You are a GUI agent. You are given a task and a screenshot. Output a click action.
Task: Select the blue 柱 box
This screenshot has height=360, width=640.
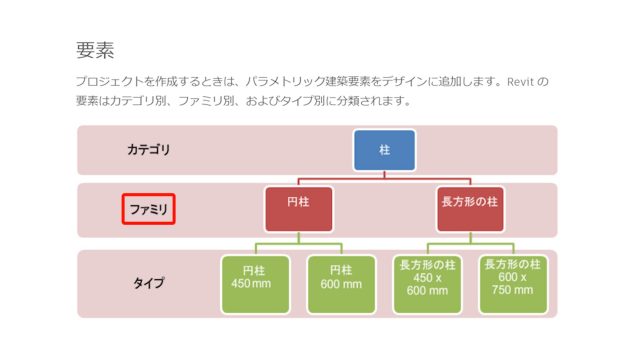click(384, 149)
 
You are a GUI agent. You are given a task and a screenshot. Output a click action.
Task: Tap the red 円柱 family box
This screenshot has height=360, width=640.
click(298, 208)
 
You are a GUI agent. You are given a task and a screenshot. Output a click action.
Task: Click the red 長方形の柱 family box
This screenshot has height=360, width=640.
click(469, 208)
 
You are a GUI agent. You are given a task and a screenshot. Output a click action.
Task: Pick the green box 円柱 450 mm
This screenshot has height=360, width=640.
click(255, 284)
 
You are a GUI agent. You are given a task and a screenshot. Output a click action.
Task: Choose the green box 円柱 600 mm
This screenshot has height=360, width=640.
click(341, 284)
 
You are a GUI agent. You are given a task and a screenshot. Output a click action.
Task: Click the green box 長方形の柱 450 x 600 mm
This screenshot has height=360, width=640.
click(427, 284)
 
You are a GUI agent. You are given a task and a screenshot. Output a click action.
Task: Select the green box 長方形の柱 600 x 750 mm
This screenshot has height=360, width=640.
click(512, 284)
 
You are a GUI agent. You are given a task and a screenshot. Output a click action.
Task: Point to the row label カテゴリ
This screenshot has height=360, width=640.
click(148, 150)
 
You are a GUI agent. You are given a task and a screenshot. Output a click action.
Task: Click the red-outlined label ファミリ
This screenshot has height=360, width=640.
click(148, 209)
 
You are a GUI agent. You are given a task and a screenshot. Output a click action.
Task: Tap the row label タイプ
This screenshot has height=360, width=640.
click(148, 284)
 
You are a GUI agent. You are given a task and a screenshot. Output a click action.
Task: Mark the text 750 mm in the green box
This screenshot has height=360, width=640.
click(512, 291)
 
